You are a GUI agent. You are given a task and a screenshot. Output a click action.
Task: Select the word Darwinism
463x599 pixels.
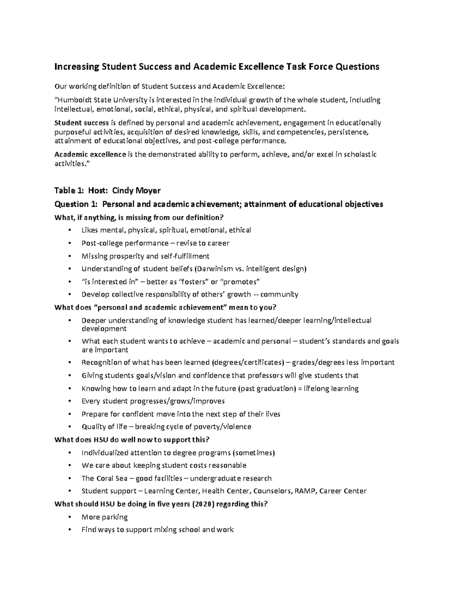point(215,269)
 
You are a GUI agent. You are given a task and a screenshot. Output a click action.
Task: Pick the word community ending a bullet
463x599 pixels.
point(279,294)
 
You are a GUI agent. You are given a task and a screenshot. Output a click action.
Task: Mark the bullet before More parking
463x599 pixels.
point(69,517)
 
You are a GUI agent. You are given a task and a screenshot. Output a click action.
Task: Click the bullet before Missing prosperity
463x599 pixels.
point(69,256)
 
